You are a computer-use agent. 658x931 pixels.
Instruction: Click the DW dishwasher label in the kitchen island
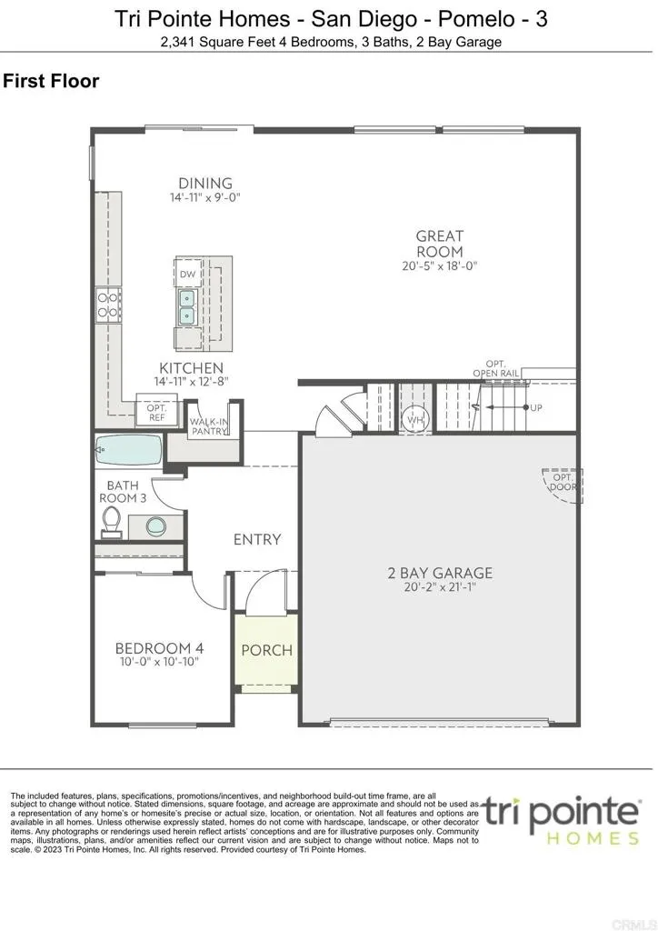tap(188, 274)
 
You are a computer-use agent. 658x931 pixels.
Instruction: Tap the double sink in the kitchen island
tap(188, 307)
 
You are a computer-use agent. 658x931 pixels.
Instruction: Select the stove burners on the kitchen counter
tap(108, 305)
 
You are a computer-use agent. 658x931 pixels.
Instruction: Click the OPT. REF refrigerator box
tap(156, 413)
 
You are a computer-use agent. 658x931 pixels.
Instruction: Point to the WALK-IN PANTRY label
tap(208, 427)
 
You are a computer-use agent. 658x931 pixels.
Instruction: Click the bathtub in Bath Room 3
tap(128, 451)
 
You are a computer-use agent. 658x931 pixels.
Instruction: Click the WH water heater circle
tap(415, 419)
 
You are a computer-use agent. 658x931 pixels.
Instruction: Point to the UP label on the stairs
tap(535, 407)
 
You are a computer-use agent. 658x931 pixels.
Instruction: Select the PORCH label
tap(267, 650)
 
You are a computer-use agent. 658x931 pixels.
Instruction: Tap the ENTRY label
tap(257, 539)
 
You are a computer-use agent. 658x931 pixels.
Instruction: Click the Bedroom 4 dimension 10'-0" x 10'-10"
tap(159, 662)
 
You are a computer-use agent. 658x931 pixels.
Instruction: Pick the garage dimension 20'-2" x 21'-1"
tap(440, 587)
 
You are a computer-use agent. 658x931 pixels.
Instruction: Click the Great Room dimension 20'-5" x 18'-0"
tap(440, 266)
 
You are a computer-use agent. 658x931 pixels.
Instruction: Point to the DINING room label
tap(205, 183)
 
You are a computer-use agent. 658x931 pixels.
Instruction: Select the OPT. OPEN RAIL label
tap(495, 369)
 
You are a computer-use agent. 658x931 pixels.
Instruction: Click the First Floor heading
tap(51, 82)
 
